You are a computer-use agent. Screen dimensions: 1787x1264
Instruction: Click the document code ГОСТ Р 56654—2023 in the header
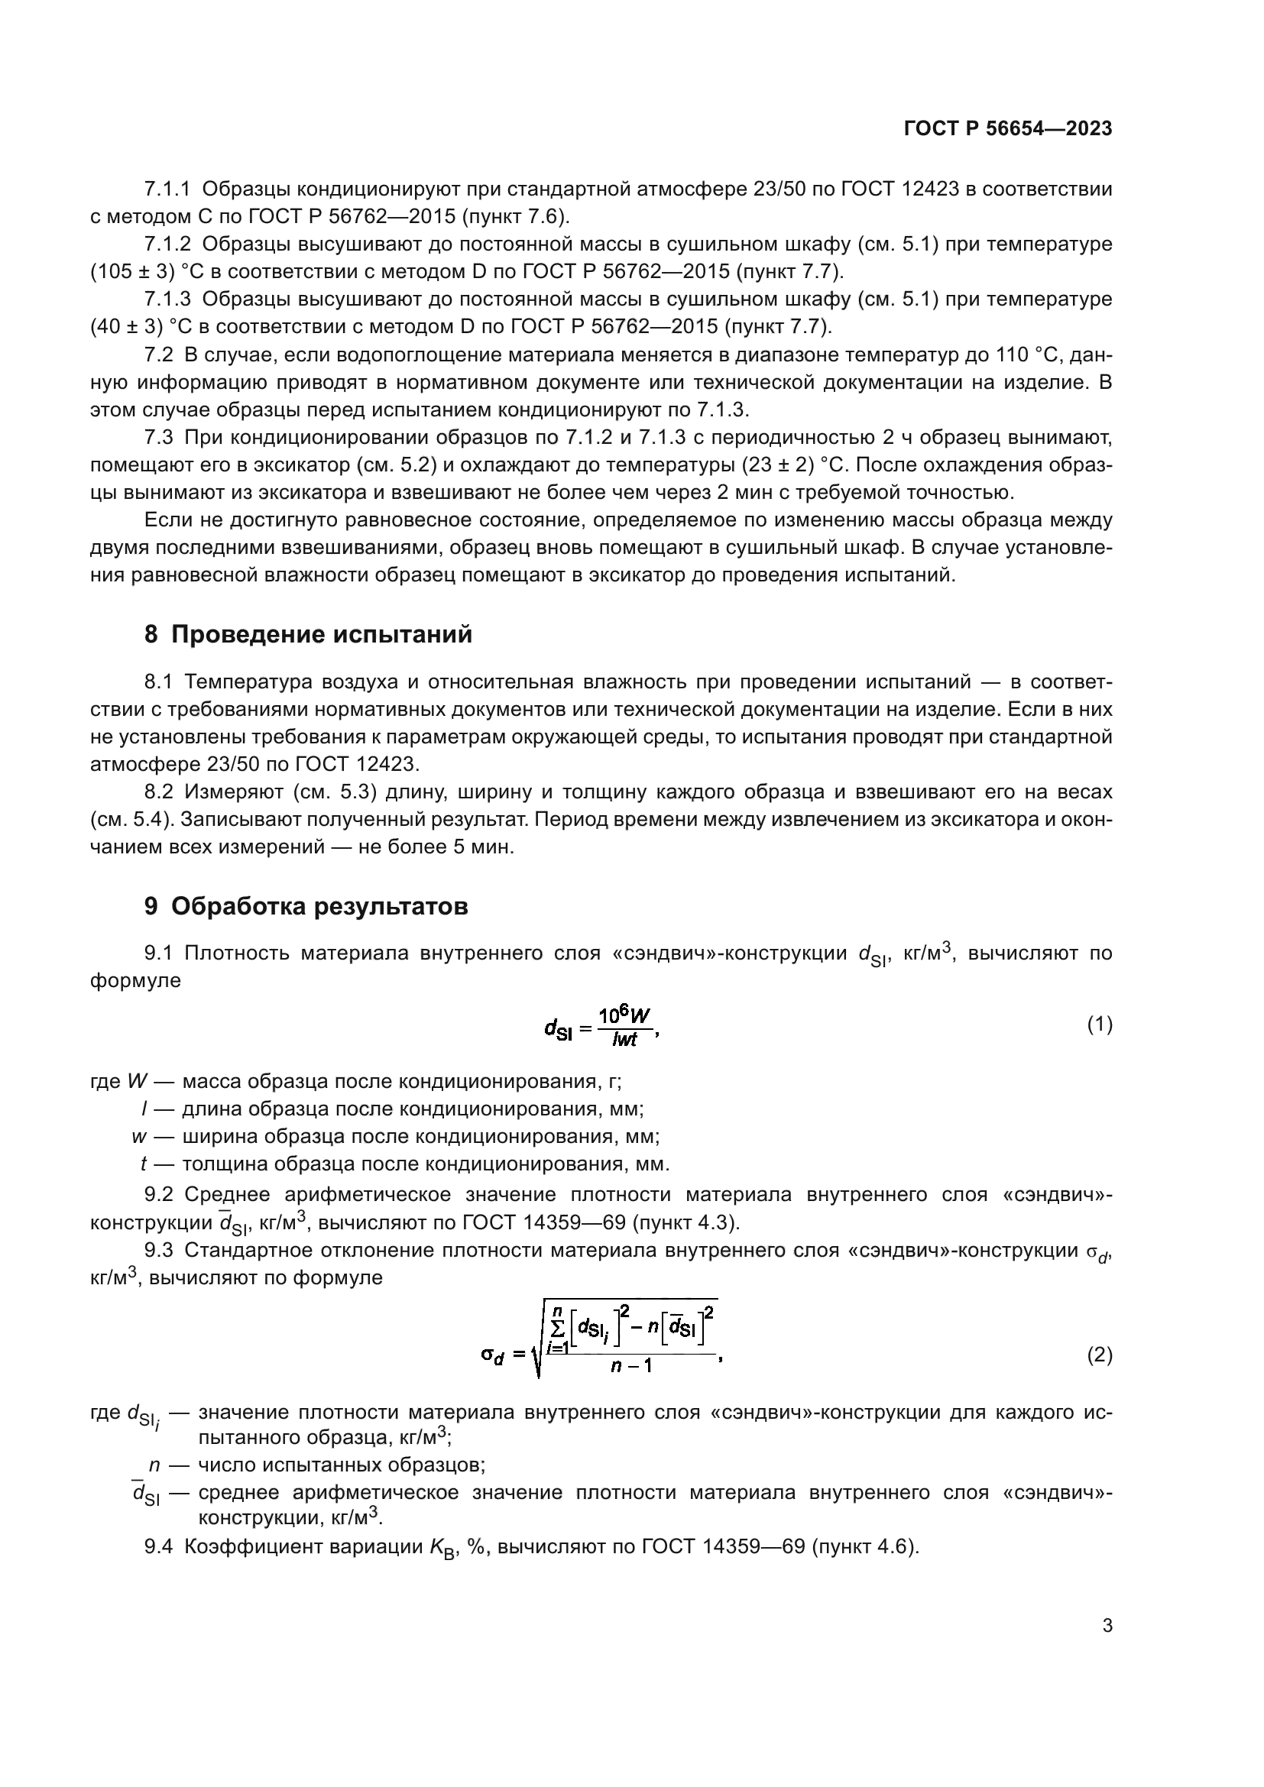pos(1008,128)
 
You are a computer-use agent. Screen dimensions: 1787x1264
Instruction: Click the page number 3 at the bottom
pos(1107,1626)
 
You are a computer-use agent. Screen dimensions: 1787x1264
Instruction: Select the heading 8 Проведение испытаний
pos(308,634)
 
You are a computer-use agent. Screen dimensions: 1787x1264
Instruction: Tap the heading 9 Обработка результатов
pos(306,906)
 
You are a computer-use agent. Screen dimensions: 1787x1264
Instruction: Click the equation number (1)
pos(1099,1025)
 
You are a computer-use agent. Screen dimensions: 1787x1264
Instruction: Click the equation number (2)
pos(1099,1356)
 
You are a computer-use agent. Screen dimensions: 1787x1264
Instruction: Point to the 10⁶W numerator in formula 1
pos(624,1015)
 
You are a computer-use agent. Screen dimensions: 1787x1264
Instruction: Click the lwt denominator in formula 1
pos(624,1039)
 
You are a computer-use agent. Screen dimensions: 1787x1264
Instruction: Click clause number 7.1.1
pos(167,189)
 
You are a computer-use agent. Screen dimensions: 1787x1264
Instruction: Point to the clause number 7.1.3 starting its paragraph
pos(167,299)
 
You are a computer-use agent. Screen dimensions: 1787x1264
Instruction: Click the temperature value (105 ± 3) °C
pos(145,272)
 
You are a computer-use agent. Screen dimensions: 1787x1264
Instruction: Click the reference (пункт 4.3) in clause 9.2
pos(685,1222)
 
